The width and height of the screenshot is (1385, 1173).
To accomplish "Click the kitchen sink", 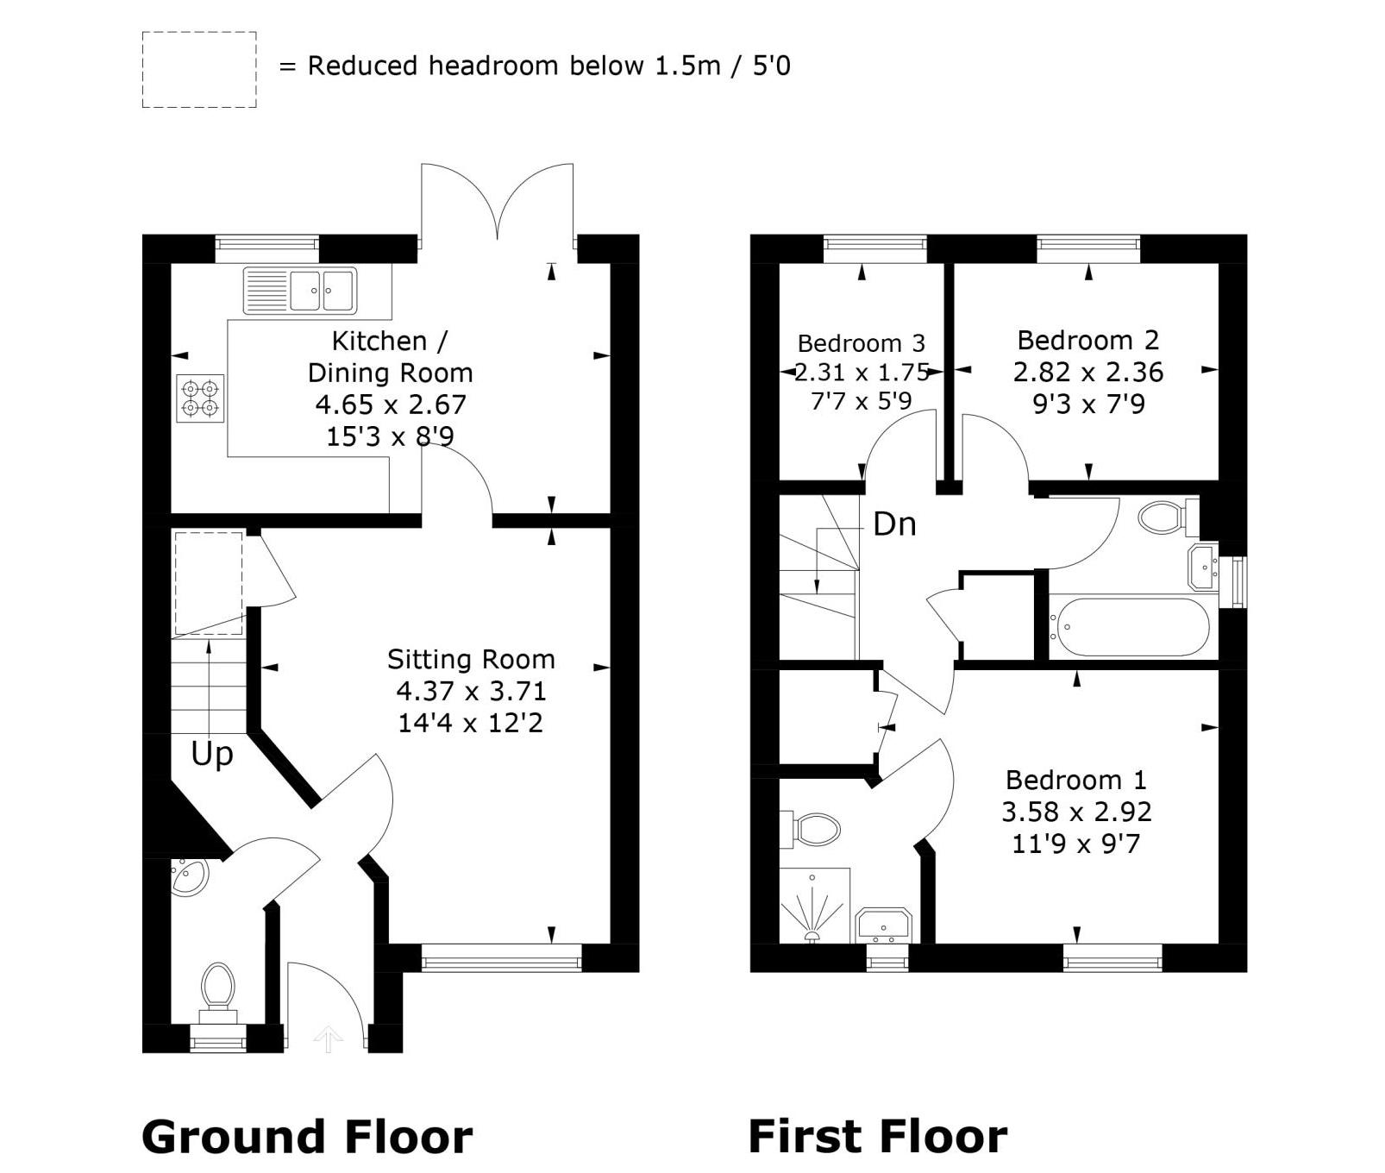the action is pos(299,291).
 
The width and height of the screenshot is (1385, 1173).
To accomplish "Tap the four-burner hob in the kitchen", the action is pos(201,398).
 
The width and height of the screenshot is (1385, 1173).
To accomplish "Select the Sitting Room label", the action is pos(471,660).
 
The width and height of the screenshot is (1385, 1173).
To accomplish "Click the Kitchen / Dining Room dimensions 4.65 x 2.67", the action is pos(391,405).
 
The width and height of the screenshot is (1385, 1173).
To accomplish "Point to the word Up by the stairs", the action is pos(212,755).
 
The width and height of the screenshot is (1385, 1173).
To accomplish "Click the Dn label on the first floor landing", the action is pos(894,524).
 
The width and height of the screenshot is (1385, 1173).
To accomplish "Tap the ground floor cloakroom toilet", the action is pos(218,990).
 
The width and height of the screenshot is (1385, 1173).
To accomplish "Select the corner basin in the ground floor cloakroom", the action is pos(188,877).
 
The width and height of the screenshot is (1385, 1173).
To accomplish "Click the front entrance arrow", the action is pos(328,1039).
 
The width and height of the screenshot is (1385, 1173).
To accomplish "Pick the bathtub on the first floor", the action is pos(1130,627).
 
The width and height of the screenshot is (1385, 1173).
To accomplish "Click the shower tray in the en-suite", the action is pos(814,906).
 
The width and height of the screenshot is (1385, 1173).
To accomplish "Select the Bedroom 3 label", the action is pos(861,343).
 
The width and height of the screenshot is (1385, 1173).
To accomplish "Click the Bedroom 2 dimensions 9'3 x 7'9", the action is pos(1088,405).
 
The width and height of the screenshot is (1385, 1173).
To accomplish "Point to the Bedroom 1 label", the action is pos(1076,781).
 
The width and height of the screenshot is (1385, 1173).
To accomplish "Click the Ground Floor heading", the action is pos(307,1137).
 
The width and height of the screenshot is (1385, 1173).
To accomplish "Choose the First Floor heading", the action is pos(878,1137).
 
